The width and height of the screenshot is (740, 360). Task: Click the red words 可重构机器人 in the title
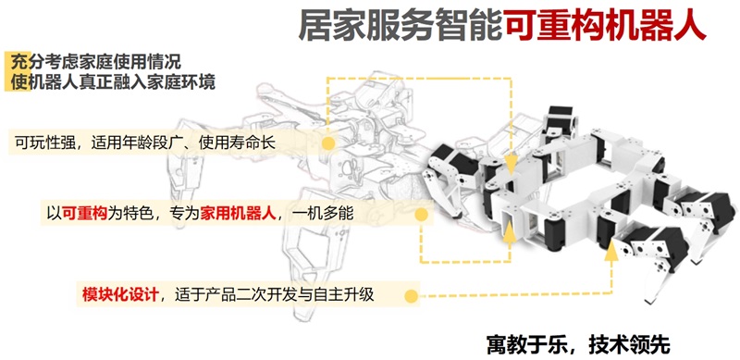coord(605,27)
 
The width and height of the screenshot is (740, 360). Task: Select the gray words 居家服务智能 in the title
coord(401,27)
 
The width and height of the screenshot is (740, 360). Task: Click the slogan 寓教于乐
coord(523,345)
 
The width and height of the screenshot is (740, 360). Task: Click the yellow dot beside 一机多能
coord(422,215)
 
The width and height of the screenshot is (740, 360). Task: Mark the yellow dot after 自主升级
coord(412,296)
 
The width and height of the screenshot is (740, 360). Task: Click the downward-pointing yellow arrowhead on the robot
coord(511,166)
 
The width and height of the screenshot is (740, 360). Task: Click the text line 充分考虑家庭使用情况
coord(97,62)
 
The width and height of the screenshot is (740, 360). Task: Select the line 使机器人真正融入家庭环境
coord(113,82)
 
